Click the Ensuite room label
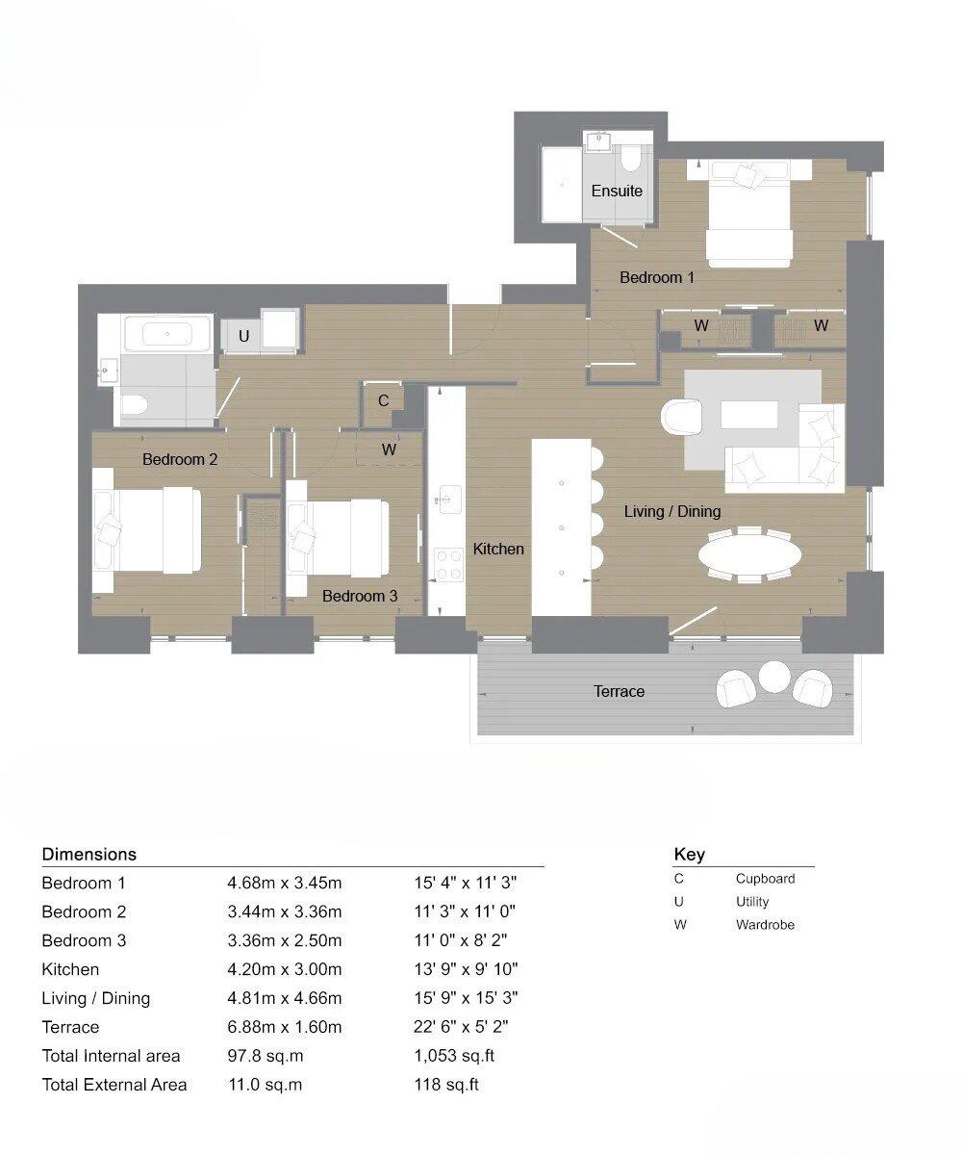click(x=617, y=191)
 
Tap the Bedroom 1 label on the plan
click(x=656, y=277)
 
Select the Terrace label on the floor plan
click(x=619, y=691)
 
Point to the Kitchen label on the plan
click(x=498, y=549)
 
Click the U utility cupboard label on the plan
click(x=244, y=336)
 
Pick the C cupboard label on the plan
click(x=383, y=400)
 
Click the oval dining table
click(x=748, y=554)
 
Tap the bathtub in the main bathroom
click(x=167, y=334)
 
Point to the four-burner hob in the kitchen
click(x=447, y=564)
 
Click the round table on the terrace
click(x=774, y=676)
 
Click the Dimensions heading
click(x=89, y=854)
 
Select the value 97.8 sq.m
click(x=266, y=1056)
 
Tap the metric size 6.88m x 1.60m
click(x=284, y=1027)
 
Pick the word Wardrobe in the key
click(x=765, y=925)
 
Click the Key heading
click(x=689, y=854)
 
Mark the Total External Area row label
click(x=114, y=1085)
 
